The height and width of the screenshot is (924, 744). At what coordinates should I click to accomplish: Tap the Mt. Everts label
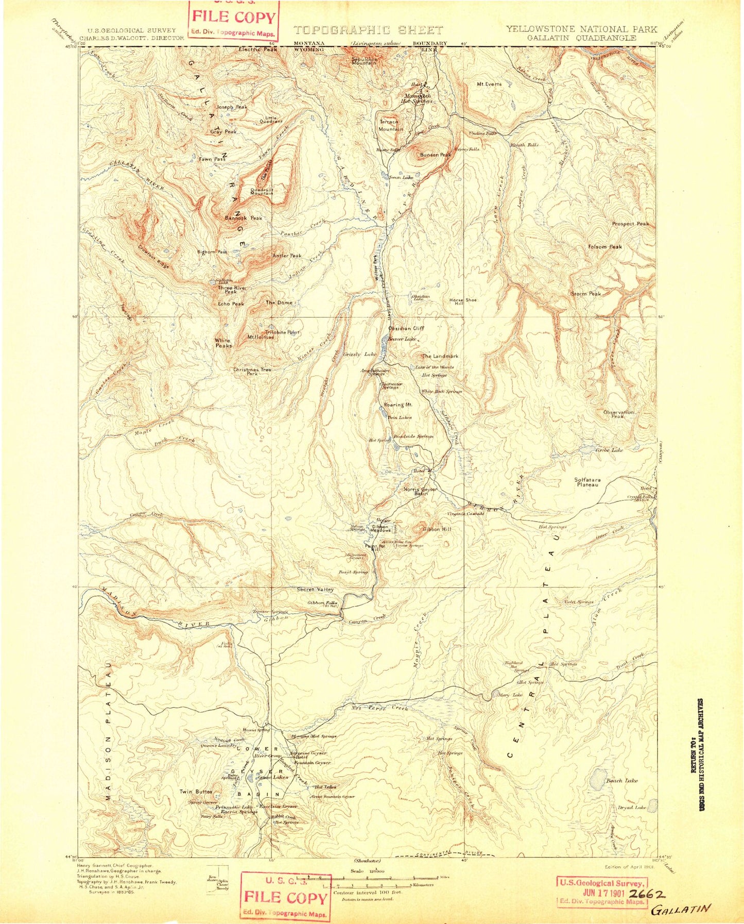click(x=489, y=83)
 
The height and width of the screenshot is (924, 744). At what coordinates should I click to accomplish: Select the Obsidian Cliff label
click(x=406, y=328)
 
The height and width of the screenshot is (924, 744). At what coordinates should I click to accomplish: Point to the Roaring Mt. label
click(x=398, y=405)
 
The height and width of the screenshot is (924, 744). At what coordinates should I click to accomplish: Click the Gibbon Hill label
click(x=437, y=529)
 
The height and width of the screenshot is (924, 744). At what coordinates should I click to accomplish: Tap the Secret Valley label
click(x=315, y=590)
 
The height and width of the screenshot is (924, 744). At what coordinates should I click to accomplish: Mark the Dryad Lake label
click(x=632, y=808)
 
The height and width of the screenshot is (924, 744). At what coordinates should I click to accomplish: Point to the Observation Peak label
click(x=618, y=414)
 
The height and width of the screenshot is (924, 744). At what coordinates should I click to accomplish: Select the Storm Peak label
click(x=585, y=294)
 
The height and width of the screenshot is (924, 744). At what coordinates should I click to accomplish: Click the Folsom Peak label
click(x=605, y=247)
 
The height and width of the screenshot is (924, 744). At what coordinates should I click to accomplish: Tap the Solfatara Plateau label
click(x=587, y=482)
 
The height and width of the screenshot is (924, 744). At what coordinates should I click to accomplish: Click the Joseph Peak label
click(x=232, y=107)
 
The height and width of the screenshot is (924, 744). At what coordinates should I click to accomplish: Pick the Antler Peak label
click(x=287, y=256)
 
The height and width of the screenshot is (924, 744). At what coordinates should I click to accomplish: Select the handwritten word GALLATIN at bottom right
click(x=681, y=909)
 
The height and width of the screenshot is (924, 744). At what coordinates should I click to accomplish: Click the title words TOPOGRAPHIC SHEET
click(x=368, y=30)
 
